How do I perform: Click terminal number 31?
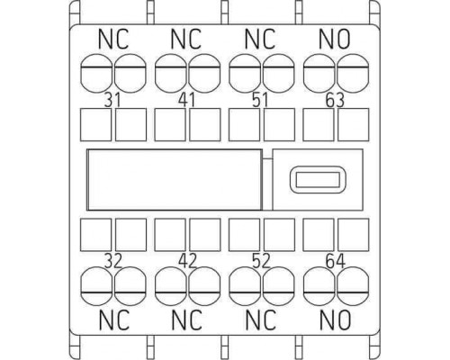112,100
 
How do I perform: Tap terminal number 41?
186,100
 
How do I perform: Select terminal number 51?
260,100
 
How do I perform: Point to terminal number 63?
335,101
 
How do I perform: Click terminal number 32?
113,261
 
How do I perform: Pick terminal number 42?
187,261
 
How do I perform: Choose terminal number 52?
261,261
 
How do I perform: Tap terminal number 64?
336,261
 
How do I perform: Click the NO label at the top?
335,39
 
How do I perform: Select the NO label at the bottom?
335,319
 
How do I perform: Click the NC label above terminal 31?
113,39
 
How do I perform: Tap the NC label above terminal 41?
186,39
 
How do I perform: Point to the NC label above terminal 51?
260,39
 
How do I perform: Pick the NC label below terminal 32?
114,319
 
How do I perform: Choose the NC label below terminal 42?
186,319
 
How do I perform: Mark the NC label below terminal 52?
260,319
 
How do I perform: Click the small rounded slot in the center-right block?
318,179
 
